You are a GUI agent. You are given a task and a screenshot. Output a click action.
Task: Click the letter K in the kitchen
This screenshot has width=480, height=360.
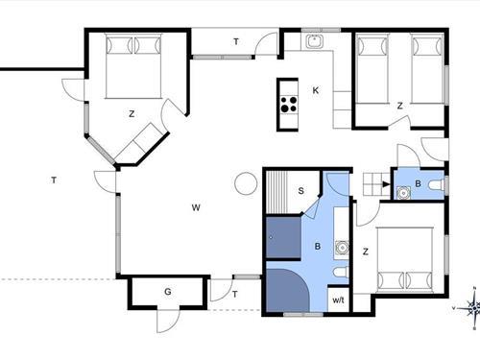316,90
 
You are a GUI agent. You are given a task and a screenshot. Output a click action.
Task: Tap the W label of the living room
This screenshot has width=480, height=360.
196,207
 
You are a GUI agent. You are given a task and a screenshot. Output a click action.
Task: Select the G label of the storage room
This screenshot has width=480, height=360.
168,292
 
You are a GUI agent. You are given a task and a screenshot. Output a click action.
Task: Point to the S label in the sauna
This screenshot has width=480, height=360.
300,191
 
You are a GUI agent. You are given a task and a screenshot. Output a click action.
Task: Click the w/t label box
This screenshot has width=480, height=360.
338,299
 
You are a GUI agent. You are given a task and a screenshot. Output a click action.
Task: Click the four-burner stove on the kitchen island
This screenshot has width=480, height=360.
289,105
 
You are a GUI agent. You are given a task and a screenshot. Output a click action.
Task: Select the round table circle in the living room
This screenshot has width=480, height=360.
246,183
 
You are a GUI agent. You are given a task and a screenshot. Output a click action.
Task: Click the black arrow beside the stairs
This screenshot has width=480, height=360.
386,184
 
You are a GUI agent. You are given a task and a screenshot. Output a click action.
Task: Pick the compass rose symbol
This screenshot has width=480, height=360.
473,308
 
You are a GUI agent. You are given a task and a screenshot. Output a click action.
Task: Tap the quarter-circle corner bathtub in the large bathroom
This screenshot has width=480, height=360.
287,290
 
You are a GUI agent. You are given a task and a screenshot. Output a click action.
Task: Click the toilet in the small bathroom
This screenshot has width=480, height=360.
437,185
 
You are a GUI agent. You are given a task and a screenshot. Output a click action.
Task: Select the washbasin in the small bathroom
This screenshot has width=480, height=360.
403,193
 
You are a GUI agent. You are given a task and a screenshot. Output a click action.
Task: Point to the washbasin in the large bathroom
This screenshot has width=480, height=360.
343,248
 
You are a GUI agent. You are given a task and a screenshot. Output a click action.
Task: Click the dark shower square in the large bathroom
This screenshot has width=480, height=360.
283,237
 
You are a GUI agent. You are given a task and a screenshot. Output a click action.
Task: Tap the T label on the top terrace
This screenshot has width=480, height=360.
236,41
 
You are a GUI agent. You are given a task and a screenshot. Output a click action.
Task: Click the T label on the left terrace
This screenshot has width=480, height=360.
54,180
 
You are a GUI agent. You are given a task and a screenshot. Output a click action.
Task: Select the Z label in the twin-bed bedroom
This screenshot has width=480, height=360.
399,106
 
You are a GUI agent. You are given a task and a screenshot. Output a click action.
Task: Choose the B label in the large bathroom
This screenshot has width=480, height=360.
318,246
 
